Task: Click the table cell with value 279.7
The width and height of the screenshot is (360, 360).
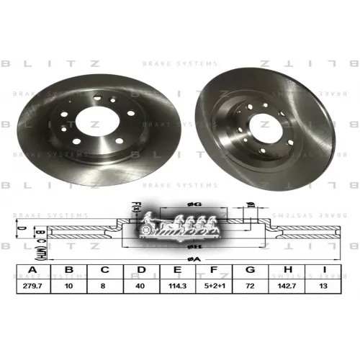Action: click(x=32, y=285)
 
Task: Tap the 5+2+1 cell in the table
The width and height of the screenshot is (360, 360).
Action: click(x=215, y=285)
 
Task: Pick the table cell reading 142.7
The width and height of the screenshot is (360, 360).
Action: click(x=287, y=285)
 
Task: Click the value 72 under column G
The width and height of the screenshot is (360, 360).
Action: click(x=251, y=285)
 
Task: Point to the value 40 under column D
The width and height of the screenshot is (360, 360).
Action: click(x=141, y=285)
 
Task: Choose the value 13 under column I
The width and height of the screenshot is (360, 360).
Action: click(x=324, y=285)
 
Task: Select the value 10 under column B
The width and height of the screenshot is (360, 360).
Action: click(x=68, y=285)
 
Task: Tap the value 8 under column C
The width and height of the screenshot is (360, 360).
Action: click(x=105, y=285)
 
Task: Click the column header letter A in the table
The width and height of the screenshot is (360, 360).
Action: click(x=32, y=271)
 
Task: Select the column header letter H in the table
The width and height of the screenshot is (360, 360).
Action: click(x=287, y=271)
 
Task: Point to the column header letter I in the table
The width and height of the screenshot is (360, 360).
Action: click(x=324, y=271)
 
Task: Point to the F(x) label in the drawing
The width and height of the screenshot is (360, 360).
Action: click(x=135, y=211)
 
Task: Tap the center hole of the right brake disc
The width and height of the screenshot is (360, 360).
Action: click(x=264, y=118)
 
